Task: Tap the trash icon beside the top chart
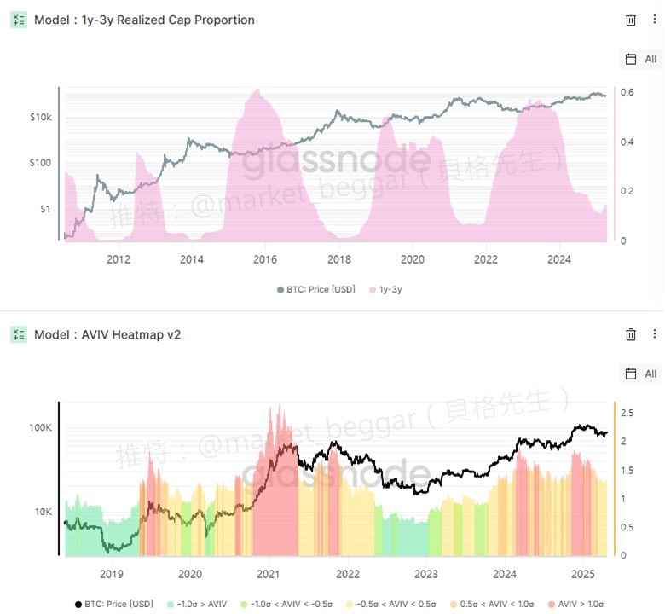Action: [631, 20]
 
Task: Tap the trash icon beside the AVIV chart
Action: [631, 334]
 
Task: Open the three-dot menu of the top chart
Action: [654, 20]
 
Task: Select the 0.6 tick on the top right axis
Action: [626, 92]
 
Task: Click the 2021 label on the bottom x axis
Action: [269, 574]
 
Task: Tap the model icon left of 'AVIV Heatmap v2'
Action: [19, 334]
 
